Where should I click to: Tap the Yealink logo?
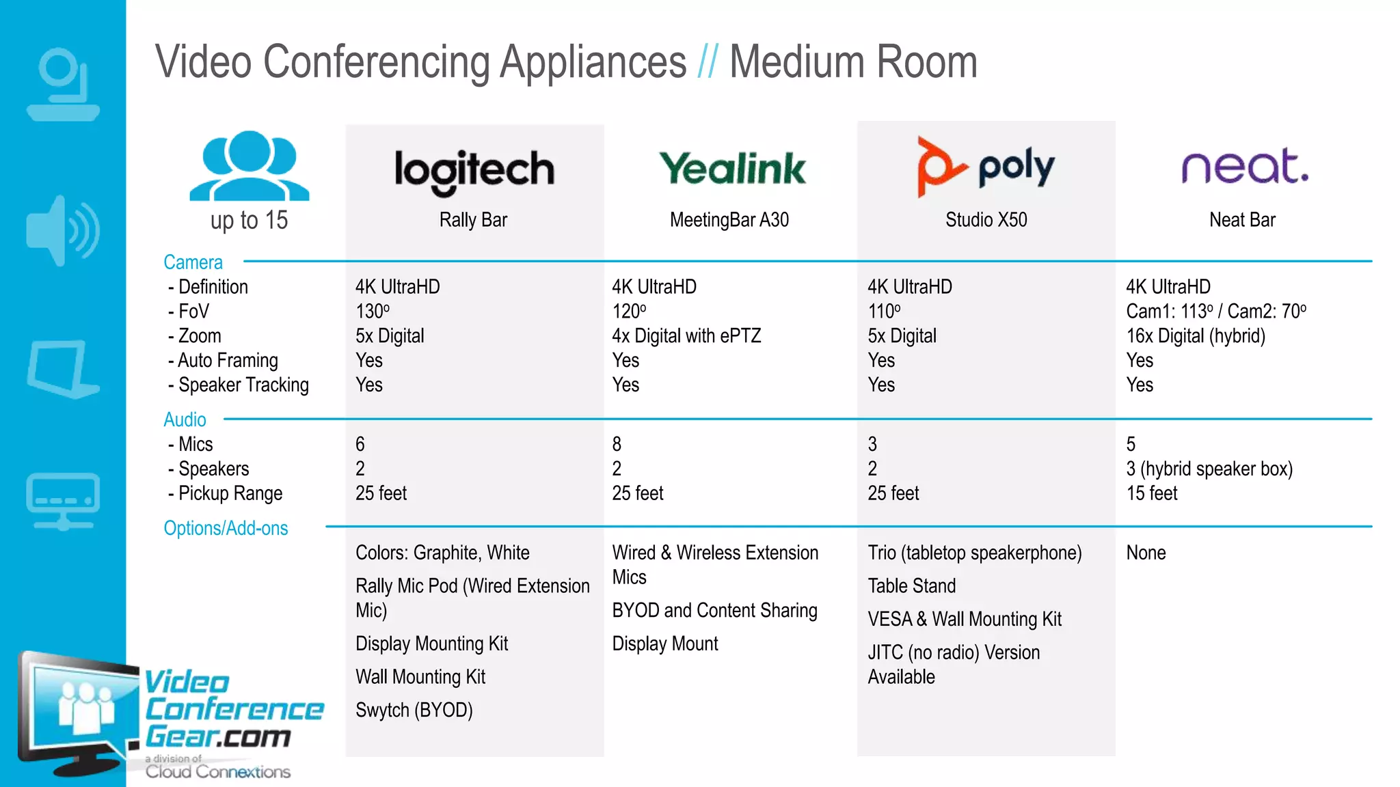coord(732,169)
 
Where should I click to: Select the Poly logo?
coord(986,166)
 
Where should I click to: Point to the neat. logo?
coord(1245,167)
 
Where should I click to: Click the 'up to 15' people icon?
coord(249,166)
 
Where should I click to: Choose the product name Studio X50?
coord(986,220)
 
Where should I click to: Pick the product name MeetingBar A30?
coord(729,220)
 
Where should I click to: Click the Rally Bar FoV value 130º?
coord(373,312)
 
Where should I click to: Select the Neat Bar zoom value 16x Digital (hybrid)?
coord(1196,336)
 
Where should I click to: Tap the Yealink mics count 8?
coord(617,445)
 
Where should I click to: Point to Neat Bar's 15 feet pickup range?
coord(1152,493)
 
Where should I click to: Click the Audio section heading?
coord(185,419)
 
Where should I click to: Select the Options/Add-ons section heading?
coord(226,528)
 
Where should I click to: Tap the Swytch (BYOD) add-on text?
coord(414,710)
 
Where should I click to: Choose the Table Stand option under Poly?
coord(911,586)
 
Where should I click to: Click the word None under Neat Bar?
coord(1146,553)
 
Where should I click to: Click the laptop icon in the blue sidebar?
coord(62,369)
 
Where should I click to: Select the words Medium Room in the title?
coord(853,62)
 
